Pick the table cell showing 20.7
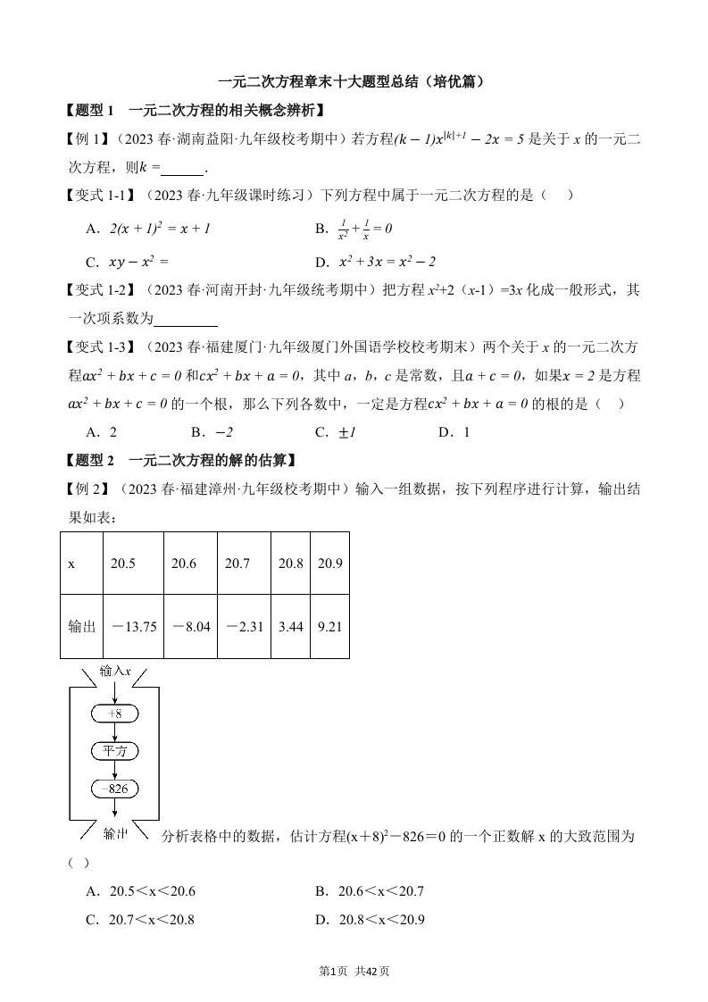coord(244,563)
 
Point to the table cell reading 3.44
coord(291,626)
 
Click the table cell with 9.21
coord(330,626)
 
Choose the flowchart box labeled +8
coord(115,714)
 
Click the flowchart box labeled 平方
coord(115,751)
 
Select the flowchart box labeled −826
coord(115,789)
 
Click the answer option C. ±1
coord(337,432)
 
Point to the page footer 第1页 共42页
coord(354,972)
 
